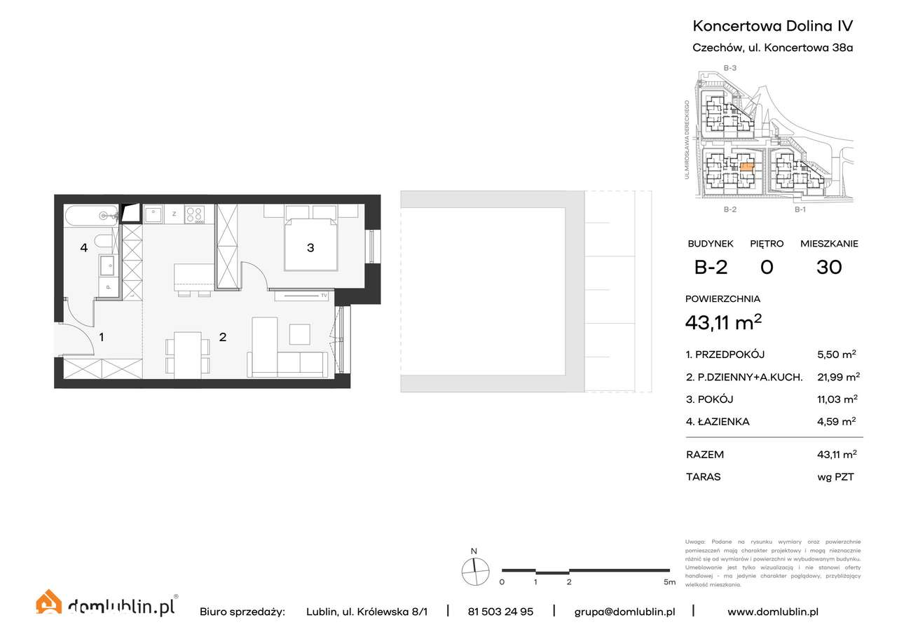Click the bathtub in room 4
click(x=92, y=216)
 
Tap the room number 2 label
click(x=223, y=337)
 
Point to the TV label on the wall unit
click(x=324, y=296)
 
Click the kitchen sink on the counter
click(x=153, y=214)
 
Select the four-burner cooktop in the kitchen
click(x=194, y=214)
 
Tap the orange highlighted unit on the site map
click(x=747, y=167)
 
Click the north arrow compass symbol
click(x=474, y=571)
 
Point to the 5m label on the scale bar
click(x=669, y=582)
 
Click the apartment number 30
click(x=829, y=267)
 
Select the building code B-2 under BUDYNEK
click(x=710, y=267)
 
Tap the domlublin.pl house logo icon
click(x=48, y=603)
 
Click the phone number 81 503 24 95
click(x=500, y=612)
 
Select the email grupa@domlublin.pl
click(x=624, y=612)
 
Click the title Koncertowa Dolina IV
click(x=772, y=26)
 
